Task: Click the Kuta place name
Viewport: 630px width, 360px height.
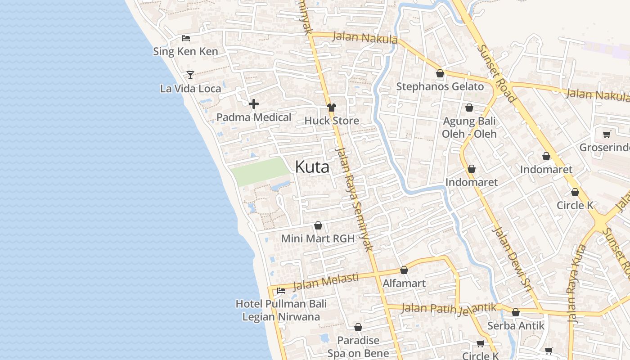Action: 312,167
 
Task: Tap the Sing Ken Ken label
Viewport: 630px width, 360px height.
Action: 185,51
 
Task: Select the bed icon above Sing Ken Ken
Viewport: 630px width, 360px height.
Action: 186,38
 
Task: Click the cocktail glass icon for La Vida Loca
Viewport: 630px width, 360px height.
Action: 190,75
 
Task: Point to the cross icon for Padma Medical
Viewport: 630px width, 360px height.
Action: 254,104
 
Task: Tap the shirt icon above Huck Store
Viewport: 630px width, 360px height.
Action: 332,107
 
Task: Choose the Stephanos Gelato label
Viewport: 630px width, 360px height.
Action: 440,86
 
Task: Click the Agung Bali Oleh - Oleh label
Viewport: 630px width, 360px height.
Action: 469,127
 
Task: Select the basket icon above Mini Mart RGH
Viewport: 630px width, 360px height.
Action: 318,225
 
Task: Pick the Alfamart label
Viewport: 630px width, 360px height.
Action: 404,283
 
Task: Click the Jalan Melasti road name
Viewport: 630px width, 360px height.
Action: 326,282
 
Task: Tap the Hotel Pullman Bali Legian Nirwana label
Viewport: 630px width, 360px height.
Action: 281,310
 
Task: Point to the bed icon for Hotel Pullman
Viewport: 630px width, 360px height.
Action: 281,290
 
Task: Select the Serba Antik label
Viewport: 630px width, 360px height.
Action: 516,325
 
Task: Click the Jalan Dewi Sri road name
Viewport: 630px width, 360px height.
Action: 513,261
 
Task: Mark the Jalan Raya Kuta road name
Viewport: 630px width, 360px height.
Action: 576,283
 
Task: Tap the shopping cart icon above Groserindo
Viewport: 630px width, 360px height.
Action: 607,134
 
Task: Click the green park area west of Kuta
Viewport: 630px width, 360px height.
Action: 260,171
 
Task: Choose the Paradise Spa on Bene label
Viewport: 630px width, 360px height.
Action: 358,346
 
